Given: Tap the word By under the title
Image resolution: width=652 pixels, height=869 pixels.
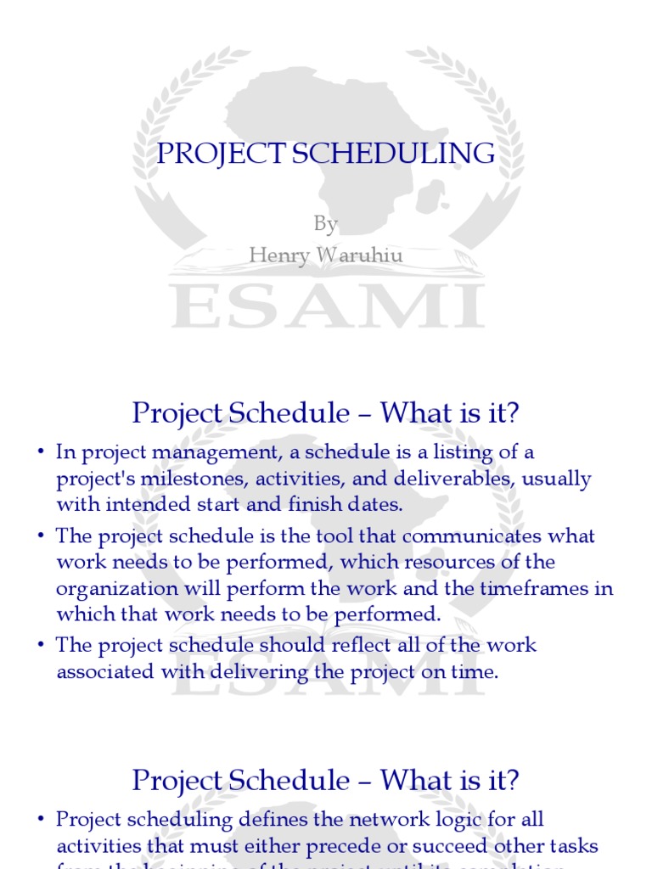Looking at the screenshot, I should tap(326, 223).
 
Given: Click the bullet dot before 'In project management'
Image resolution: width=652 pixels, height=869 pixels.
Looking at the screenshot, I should tap(40, 453).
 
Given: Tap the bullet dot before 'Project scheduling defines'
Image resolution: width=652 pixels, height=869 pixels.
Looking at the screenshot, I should tap(40, 821).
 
